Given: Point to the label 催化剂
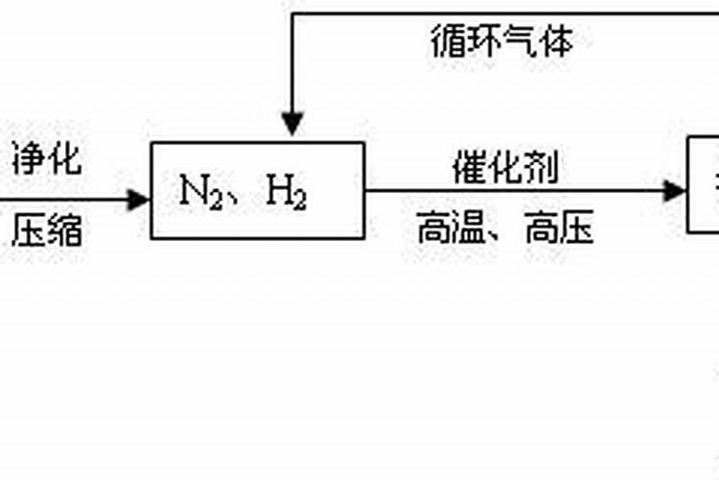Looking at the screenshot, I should coord(506,169).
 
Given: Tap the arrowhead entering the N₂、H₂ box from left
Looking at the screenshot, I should coord(140,200).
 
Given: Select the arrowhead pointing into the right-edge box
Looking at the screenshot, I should coord(677,190).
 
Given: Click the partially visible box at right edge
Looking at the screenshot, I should coord(705,184).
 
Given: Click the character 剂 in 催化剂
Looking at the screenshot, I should coord(543,169).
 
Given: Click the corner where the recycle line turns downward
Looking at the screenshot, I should coord(291,13).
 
